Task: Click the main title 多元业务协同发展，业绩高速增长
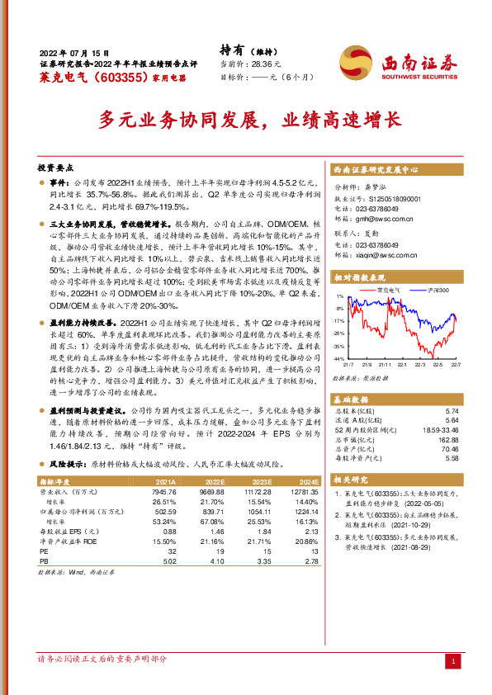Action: (245, 119)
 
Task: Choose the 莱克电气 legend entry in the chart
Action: (387, 290)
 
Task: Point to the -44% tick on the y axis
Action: (338, 360)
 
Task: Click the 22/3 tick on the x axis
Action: (419, 365)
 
